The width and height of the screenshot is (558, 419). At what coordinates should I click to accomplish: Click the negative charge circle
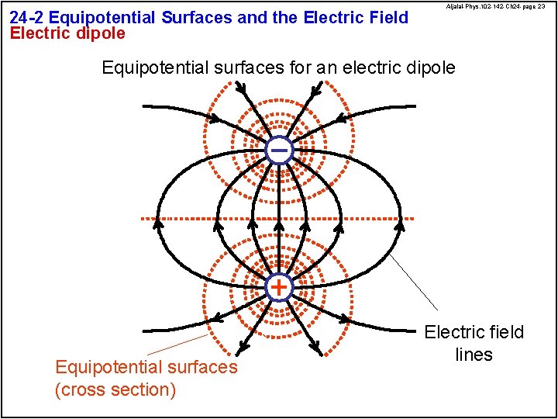point(279,149)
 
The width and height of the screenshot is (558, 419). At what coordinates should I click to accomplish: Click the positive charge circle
point(279,287)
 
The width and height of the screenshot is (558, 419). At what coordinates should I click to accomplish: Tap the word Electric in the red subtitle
point(38,33)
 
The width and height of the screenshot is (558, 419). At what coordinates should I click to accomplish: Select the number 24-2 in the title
point(27,17)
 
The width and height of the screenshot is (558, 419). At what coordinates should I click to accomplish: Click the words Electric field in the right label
point(474,332)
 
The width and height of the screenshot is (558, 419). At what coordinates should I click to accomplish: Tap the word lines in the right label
point(474,355)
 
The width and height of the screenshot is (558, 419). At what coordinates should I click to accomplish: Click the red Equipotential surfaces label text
point(146,366)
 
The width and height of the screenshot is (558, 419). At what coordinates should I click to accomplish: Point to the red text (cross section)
point(115,389)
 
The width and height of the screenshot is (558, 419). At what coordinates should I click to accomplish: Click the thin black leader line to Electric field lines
point(414,283)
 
